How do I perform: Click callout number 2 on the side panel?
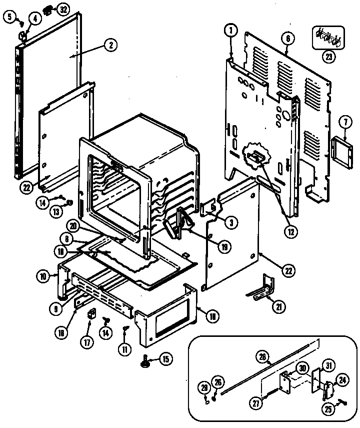[x=110, y=45]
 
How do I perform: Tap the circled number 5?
[x=8, y=17]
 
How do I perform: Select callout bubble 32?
[x=62, y=10]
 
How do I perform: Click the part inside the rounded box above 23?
[x=327, y=38]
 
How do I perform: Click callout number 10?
[x=43, y=275]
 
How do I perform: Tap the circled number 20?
[x=73, y=226]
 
